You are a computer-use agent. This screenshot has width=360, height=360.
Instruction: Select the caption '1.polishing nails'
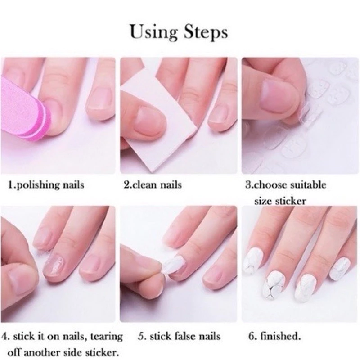point(46,185)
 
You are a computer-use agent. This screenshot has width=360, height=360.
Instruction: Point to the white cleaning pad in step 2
point(158,119)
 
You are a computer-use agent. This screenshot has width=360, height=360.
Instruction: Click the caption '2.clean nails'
point(153,185)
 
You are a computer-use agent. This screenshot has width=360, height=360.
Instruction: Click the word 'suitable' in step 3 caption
point(308,185)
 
